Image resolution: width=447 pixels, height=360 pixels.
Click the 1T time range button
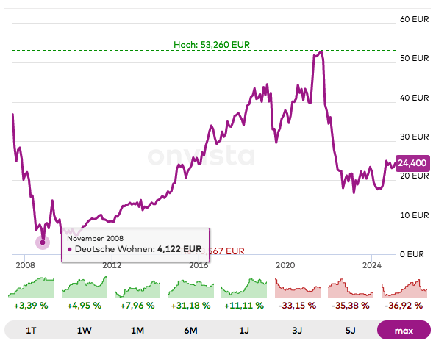(31, 331)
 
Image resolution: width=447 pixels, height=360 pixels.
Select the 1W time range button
(84, 331)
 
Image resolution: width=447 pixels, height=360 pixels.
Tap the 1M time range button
(137, 331)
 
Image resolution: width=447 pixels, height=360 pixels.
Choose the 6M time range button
(190, 331)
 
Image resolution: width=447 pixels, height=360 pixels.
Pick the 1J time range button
(243, 331)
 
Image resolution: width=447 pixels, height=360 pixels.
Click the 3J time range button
(296, 331)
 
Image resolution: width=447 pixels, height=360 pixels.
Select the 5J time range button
(350, 331)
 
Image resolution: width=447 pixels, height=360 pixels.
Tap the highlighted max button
(403, 331)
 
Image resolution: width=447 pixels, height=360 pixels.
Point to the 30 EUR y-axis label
(414, 137)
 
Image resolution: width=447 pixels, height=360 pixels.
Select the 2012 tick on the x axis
(112, 265)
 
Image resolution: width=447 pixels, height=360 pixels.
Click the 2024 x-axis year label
(372, 265)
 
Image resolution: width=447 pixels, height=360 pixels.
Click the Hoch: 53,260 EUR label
(212, 44)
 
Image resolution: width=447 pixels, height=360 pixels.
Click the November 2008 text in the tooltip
(95, 238)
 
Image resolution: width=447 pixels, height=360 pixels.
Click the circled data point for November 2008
(43, 242)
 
